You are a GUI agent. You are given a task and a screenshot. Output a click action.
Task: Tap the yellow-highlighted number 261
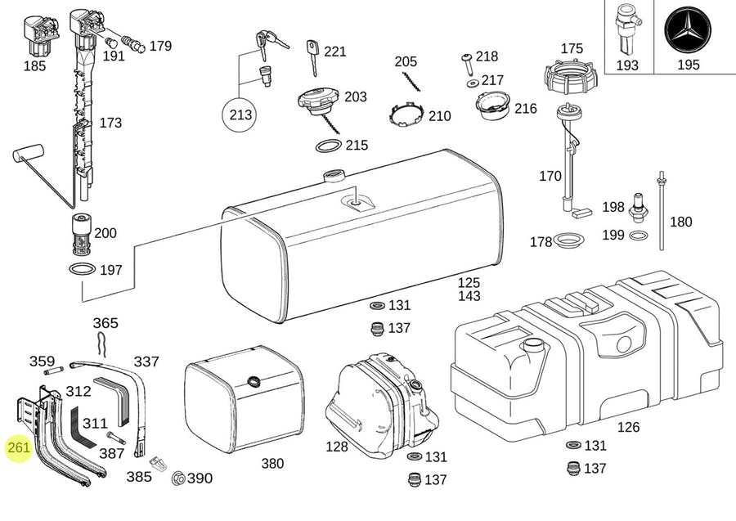tap(18, 448)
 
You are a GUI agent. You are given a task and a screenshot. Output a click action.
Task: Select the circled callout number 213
tap(241, 115)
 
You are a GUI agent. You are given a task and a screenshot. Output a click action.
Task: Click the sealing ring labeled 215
tap(329, 146)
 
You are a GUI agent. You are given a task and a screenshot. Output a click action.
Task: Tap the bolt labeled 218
tap(466, 58)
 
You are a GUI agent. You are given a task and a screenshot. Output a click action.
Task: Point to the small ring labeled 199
tap(639, 236)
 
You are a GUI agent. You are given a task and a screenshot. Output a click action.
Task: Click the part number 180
tap(680, 222)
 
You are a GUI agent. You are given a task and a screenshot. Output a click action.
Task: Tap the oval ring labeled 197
tap(82, 270)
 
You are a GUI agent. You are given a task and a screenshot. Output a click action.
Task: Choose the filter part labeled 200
tap(81, 236)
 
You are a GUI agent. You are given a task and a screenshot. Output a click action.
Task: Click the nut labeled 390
tap(177, 478)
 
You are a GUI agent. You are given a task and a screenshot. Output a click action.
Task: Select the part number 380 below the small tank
tap(272, 464)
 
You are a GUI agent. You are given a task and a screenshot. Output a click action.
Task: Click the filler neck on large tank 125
tap(334, 176)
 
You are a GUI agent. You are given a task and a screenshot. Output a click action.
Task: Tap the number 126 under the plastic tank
tap(628, 427)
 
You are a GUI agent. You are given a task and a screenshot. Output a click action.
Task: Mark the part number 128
tap(336, 447)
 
